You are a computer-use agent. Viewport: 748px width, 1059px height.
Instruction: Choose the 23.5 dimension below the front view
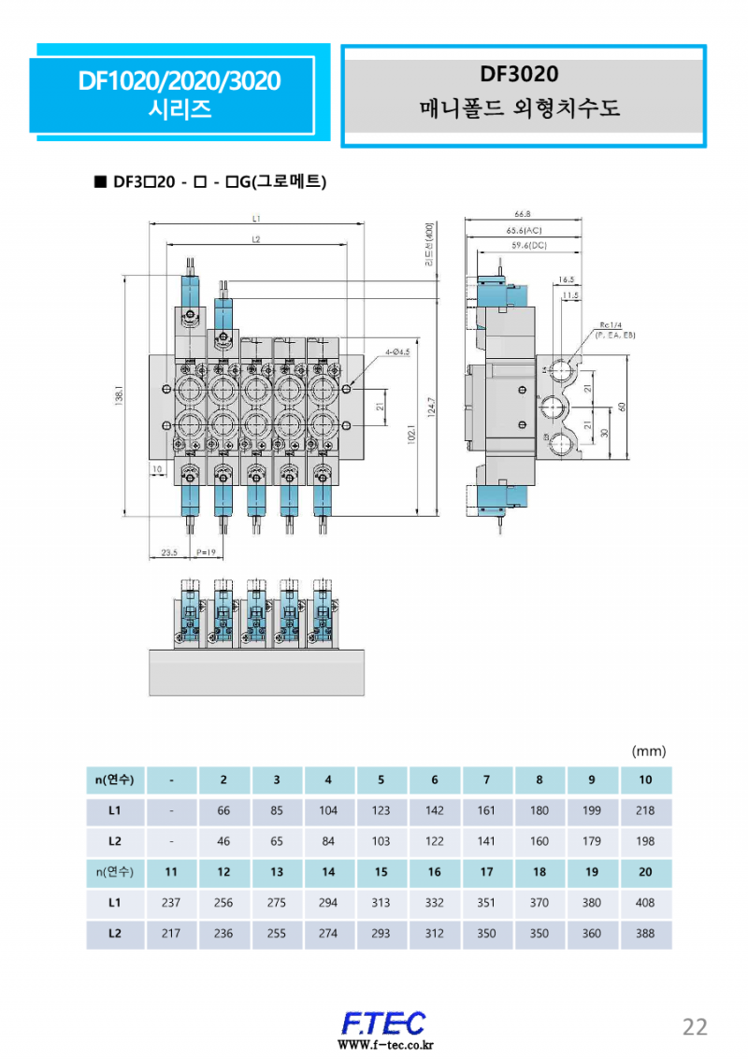[x=169, y=553]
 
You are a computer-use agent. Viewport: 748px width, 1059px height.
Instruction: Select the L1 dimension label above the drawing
[x=256, y=218]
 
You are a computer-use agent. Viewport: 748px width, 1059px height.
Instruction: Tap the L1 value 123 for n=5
[x=381, y=810]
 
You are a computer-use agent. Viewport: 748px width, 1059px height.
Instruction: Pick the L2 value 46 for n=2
[x=223, y=841]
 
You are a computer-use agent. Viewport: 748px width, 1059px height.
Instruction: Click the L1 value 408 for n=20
[x=645, y=903]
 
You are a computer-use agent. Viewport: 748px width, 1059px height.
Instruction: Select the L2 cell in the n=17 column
[x=486, y=934]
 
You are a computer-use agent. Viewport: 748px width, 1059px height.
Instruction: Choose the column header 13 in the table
[x=276, y=872]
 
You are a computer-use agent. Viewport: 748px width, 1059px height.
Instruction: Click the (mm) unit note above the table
[x=649, y=751]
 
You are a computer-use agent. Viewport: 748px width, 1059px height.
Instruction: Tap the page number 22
[x=695, y=1026]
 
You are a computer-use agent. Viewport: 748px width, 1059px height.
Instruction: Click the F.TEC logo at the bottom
[x=383, y=1023]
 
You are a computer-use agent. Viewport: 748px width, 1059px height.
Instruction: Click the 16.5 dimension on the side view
[x=567, y=279]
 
